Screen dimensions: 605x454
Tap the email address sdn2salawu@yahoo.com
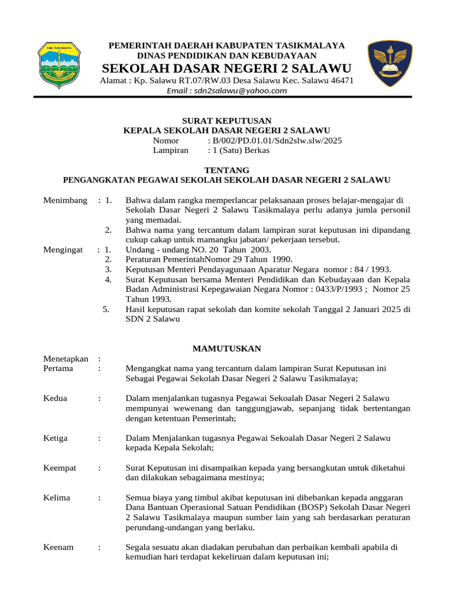click(x=227, y=91)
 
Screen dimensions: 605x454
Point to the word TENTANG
click(x=226, y=170)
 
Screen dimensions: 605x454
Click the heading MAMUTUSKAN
click(x=226, y=349)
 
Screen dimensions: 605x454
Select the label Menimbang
click(x=65, y=200)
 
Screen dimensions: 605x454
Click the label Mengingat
click(x=63, y=250)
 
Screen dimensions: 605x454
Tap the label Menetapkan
click(x=66, y=359)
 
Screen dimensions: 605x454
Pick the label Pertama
click(x=58, y=369)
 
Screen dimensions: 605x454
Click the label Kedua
click(x=56, y=398)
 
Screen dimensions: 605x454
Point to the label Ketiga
click(x=56, y=438)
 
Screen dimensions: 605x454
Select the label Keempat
click(x=60, y=468)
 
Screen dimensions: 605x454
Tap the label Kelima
click(x=57, y=497)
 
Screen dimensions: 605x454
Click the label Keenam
click(x=59, y=547)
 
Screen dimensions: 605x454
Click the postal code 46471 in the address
click(x=340, y=80)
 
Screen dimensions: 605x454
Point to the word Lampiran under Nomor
click(x=170, y=151)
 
